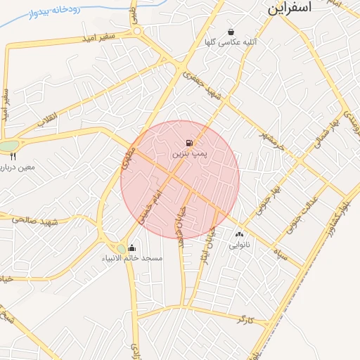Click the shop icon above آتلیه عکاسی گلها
231,32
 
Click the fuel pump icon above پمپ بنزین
189,143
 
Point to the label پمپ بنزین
189,153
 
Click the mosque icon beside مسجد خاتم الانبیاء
132,248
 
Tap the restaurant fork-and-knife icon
13,157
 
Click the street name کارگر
245,319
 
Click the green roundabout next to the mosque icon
121,248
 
